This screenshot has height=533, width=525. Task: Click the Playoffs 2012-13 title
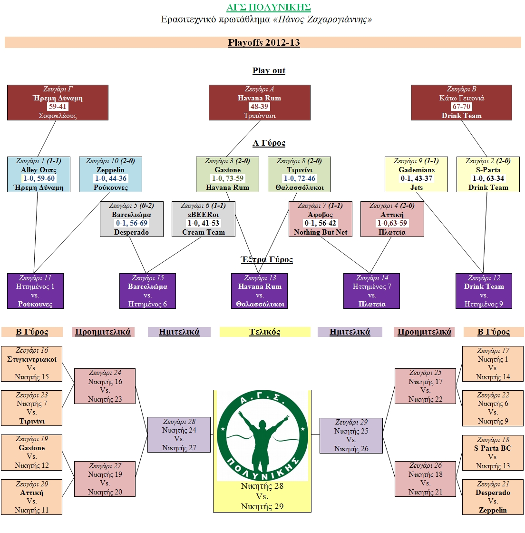264,43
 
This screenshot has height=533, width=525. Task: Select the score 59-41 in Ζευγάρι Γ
58,107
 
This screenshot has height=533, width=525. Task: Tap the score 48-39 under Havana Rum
259,107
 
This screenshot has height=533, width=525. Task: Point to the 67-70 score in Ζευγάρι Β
461,107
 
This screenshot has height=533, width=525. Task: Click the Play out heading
269,71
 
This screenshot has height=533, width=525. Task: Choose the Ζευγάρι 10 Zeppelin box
110,174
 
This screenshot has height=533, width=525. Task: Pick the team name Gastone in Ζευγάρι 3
228,170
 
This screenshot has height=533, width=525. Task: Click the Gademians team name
417,170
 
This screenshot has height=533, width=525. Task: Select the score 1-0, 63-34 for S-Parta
488,178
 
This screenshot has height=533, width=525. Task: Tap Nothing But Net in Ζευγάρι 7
321,232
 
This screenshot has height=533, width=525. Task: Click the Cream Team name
204,232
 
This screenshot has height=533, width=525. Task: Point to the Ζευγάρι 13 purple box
260,291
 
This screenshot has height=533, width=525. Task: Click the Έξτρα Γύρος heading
267,259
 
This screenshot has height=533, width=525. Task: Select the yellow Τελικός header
265,332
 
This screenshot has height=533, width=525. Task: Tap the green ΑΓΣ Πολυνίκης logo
262,435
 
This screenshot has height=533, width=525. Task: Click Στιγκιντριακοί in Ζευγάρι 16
32,359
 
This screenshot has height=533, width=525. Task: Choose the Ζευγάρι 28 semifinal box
179,434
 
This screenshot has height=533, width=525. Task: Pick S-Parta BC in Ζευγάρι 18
493,448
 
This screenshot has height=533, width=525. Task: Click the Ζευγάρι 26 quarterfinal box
425,479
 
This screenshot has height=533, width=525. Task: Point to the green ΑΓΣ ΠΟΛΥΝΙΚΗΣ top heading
269,7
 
